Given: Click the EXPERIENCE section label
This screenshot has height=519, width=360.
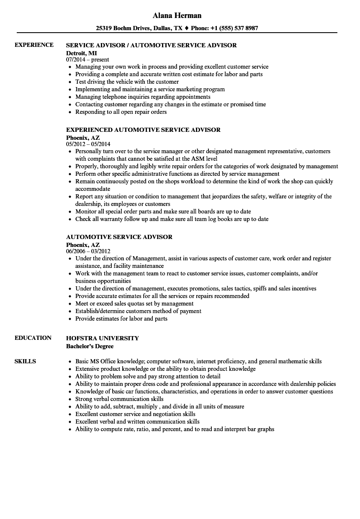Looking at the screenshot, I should pos(34,45).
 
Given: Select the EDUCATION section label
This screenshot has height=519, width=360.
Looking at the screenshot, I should pos(33,338).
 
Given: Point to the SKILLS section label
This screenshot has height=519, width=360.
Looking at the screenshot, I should pos(25,361).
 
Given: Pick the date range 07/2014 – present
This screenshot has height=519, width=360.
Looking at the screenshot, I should pos(87,60).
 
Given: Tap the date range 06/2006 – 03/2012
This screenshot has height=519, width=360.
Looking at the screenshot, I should pos(88,252).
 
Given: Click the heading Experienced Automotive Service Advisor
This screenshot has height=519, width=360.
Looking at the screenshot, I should pos(143,130).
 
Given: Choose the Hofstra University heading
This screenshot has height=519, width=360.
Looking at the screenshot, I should pos(103,338).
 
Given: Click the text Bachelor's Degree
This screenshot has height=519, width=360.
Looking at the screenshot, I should pos(90,346).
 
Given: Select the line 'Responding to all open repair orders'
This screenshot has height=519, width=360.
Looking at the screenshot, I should pos(121,112).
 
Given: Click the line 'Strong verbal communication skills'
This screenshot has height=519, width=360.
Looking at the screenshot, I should pos(119,399).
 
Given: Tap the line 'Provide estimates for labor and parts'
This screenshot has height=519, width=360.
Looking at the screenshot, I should pos(121,319).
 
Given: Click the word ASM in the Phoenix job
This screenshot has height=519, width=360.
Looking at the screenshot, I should pos(196,159).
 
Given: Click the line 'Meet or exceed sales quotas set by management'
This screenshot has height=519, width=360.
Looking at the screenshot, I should pos(134,304).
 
